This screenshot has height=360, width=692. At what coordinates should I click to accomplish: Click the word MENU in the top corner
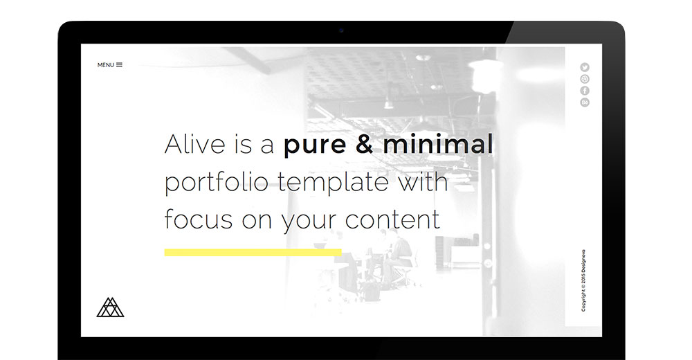click(105, 65)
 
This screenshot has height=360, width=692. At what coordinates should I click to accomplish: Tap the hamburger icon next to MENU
click(119, 65)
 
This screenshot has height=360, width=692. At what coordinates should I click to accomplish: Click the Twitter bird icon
click(585, 68)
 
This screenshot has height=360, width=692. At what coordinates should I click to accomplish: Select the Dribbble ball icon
click(585, 80)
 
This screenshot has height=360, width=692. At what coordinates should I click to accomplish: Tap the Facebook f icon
click(585, 91)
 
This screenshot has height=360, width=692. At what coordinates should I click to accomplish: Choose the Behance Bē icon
click(585, 102)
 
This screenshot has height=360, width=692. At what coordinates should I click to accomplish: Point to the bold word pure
click(315, 146)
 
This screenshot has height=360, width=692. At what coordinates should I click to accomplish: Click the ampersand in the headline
click(364, 143)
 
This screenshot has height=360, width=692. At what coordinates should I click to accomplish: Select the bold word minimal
click(438, 143)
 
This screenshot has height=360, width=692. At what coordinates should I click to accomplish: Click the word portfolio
click(216, 182)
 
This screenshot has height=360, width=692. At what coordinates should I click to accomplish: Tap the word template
click(334, 182)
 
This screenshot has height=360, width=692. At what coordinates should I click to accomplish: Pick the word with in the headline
click(423, 181)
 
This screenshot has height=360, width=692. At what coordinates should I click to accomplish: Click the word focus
click(199, 219)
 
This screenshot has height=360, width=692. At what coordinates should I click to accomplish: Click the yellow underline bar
click(253, 252)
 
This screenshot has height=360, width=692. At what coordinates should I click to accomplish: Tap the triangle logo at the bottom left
click(110, 307)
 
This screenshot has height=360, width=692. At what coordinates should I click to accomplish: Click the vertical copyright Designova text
click(583, 280)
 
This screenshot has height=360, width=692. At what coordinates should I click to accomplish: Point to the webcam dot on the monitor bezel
click(341, 30)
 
